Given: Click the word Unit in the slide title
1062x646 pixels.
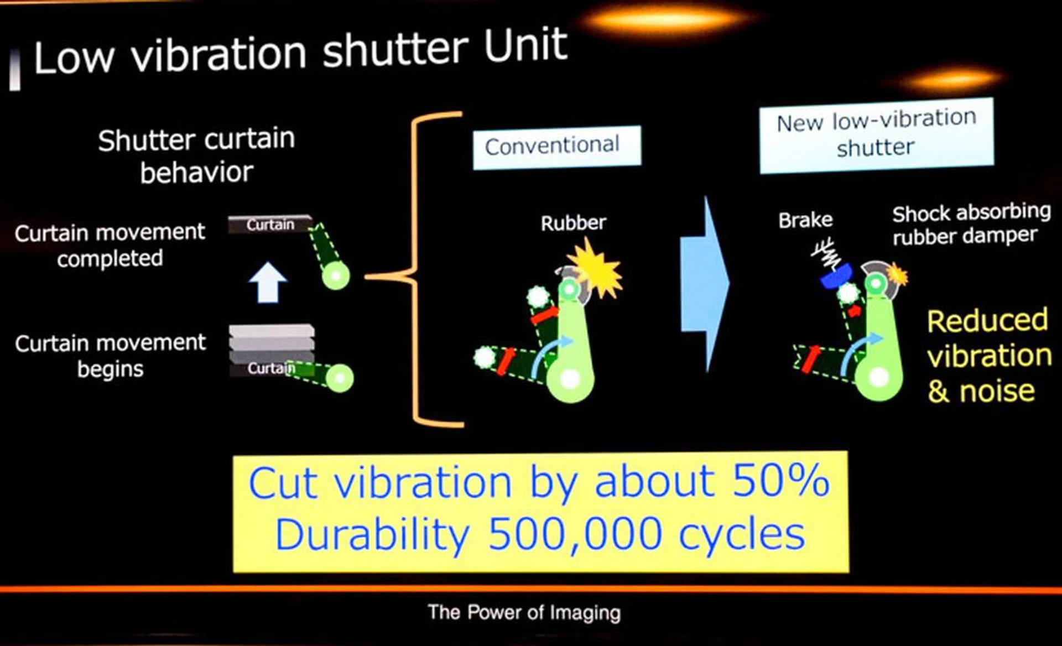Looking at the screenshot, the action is point(525,45).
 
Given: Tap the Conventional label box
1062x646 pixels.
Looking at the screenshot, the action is point(557,147).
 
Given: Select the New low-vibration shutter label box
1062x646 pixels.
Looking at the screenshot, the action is point(877,135).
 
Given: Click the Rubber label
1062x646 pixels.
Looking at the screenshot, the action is point(573,223).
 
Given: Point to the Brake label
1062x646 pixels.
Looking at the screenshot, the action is point(805,220).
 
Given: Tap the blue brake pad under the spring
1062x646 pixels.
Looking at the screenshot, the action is point(836,276).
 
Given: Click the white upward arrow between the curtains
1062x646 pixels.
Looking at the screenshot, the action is point(268,282).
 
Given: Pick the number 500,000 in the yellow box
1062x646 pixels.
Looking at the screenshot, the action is point(575,535).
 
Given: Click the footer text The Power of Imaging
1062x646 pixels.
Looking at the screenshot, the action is point(524,612).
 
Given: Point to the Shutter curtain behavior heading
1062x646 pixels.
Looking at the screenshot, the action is point(196,156).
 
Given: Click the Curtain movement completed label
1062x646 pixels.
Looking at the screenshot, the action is point(110,245).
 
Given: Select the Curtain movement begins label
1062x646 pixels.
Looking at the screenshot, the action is point(110,356).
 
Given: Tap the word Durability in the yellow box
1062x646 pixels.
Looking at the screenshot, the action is point(372,535).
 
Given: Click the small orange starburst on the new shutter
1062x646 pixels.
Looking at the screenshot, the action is point(897,274).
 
